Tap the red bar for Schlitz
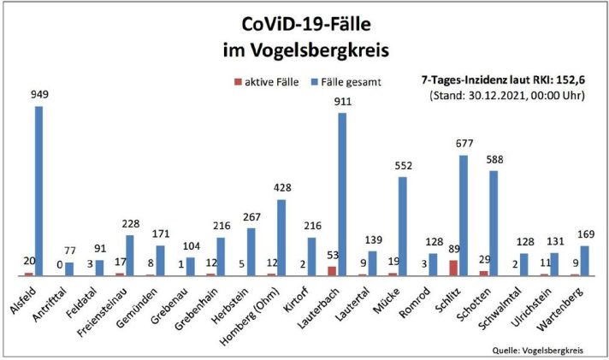tap(454, 268)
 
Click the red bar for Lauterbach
tap(332, 270)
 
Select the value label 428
tap(281, 190)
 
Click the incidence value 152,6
tap(567, 79)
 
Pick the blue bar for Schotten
tap(494, 222)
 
